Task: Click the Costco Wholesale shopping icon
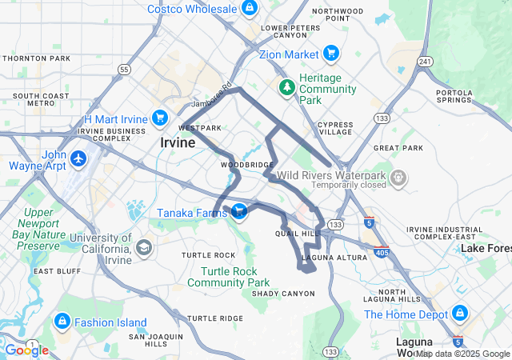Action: point(250,8)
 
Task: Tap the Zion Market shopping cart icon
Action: point(331,54)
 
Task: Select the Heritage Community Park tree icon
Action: point(286,86)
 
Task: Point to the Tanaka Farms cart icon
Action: point(239,210)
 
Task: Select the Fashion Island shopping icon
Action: point(62,322)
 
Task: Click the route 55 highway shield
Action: point(124,70)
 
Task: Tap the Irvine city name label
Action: point(177,143)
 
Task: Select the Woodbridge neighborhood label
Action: point(247,164)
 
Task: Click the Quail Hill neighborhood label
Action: point(297,234)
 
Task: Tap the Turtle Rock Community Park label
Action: point(229,277)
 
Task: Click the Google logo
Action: point(26,350)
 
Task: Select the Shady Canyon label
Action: point(283,294)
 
